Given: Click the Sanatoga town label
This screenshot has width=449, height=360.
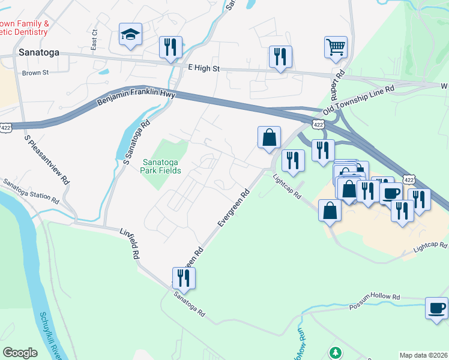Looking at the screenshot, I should [x=39, y=52].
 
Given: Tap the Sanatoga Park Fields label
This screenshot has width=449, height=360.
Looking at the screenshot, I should [x=161, y=166].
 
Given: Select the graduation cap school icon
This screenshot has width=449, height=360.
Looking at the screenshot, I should [x=130, y=35].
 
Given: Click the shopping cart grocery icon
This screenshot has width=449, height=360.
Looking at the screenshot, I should [x=336, y=47].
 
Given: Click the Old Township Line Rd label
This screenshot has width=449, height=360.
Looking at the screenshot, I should [x=358, y=100].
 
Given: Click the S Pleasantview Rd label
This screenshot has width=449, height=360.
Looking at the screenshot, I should [x=48, y=160].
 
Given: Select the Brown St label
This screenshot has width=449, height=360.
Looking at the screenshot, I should [x=35, y=73].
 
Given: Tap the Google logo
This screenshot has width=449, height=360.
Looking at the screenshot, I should [x=20, y=353].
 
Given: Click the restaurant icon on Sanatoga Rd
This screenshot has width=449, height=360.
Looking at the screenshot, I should [x=184, y=277].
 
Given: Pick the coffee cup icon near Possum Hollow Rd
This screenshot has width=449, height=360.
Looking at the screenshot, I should [x=436, y=308].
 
